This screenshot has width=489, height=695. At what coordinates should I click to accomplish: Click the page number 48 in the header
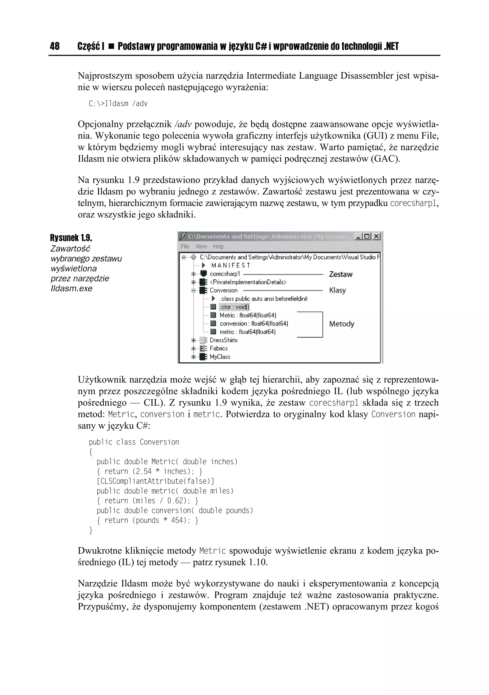55,46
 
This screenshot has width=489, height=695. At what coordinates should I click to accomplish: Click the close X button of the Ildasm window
376,236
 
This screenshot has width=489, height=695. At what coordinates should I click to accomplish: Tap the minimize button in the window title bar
358,236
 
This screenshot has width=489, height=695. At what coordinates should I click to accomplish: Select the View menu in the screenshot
201,246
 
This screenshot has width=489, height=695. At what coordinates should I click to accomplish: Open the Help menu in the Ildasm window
218,246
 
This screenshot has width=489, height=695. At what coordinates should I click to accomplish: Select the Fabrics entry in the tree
218,348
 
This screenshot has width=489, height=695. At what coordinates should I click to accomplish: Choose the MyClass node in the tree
220,357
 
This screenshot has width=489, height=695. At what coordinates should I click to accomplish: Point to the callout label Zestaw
341,274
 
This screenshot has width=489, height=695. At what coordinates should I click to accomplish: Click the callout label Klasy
337,290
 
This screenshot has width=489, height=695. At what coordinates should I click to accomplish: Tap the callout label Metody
342,324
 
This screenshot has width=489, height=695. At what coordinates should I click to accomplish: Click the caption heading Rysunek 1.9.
71,238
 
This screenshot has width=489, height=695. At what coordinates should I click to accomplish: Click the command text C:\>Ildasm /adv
118,104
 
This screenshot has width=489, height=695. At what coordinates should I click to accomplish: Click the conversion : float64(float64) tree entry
254,324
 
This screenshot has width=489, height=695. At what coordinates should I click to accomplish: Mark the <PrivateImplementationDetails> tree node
248,282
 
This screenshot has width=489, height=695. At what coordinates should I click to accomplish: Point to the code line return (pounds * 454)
147,520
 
